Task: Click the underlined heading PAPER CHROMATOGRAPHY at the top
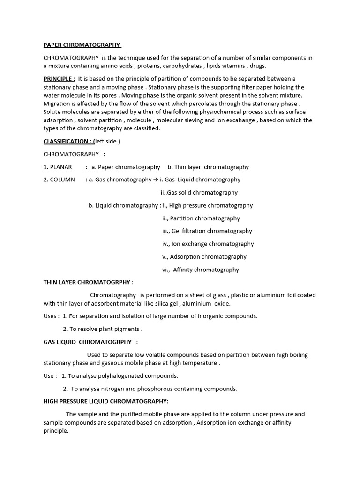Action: pos(82,45)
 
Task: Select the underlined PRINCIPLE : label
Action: pos(59,79)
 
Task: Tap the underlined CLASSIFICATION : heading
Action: pos(68,141)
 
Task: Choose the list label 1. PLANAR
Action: pos(58,167)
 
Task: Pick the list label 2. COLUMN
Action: pos(59,180)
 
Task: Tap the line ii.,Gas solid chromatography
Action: pos(199,193)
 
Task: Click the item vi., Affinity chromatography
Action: pos(201,270)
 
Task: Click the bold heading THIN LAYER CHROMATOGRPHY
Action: pos(88,282)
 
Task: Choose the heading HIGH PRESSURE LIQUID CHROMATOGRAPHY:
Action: pos(106,401)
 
